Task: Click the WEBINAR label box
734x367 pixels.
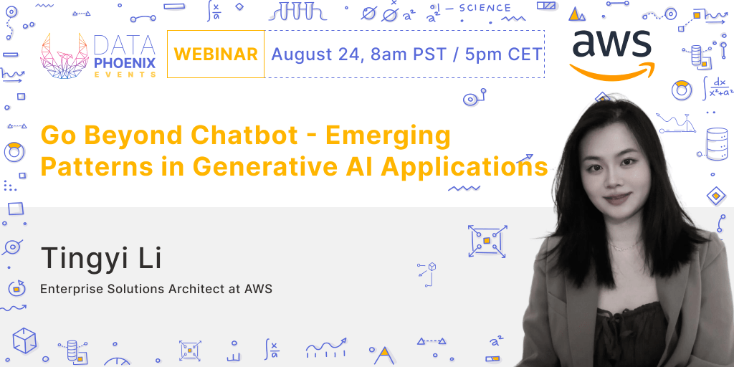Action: click(216, 54)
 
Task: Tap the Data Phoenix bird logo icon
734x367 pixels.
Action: click(65, 55)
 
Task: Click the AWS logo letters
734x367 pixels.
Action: click(612, 46)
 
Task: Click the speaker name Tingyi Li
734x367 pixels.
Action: click(100, 258)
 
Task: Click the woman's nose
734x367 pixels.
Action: click(613, 175)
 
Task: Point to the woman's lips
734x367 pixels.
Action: click(614, 195)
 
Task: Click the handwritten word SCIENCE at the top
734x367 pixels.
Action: click(485, 9)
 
